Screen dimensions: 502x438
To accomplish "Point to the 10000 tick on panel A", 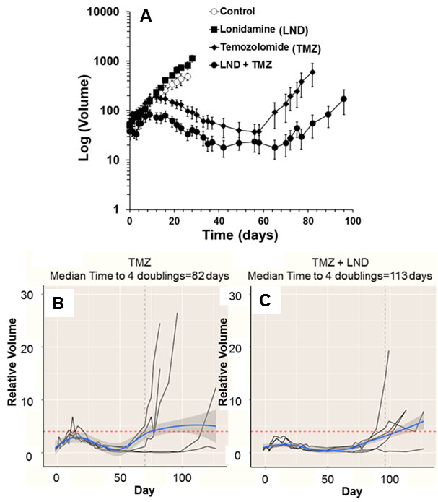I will click(103, 12).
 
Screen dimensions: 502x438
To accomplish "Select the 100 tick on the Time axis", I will click(351, 221).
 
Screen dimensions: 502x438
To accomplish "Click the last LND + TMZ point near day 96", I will click(344, 99).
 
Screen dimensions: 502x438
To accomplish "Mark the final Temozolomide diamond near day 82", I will click(312, 72).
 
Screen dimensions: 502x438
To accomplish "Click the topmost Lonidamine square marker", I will click(192, 58).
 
